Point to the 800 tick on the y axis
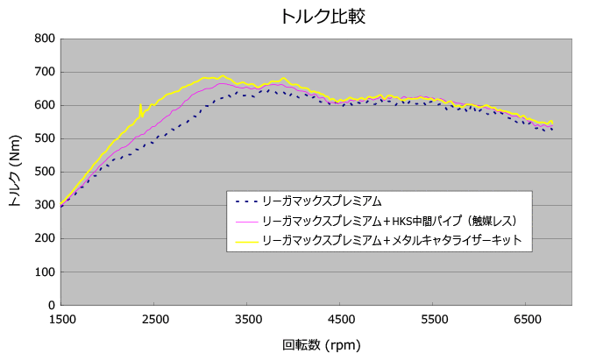click(x=45, y=39)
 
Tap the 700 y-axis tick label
click(x=45, y=72)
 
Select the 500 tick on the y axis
click(x=45, y=138)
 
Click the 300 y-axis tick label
click(x=45, y=205)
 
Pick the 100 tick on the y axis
click(x=45, y=272)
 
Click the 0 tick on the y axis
click(x=52, y=305)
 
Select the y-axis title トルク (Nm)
click(x=14, y=172)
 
